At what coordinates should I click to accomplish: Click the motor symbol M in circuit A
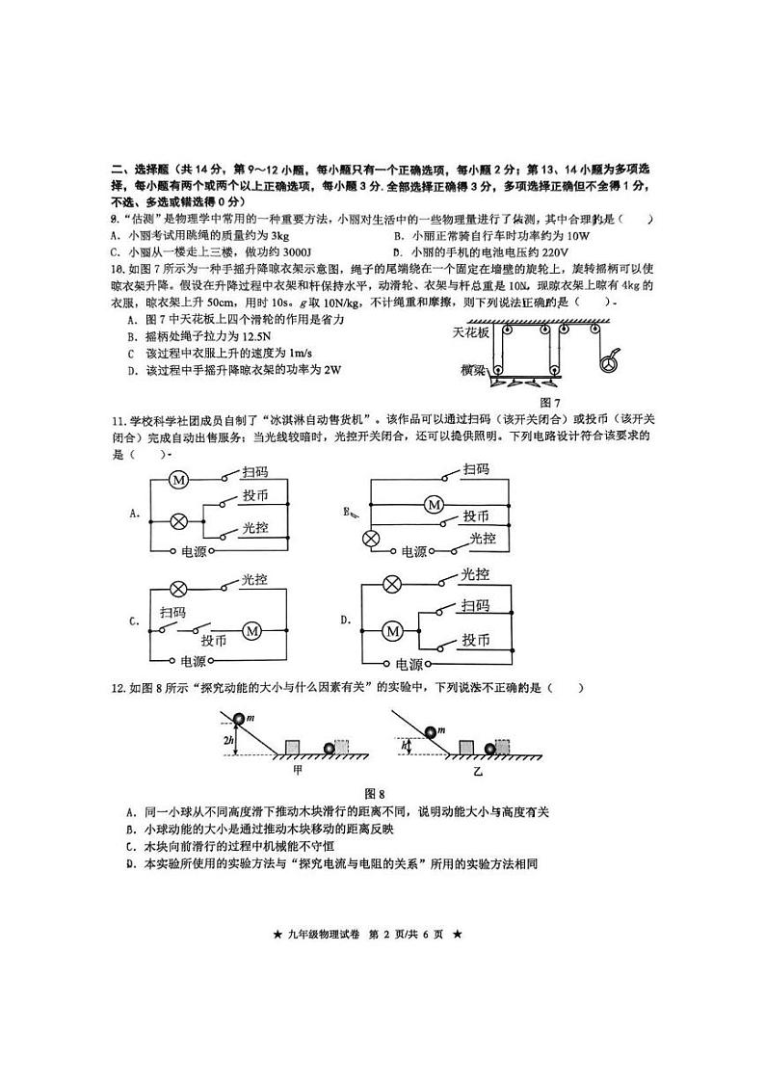coord(178,478)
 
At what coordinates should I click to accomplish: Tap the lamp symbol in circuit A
coord(178,520)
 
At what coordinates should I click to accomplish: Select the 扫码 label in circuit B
coord(476,469)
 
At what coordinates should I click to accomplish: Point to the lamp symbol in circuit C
coord(178,589)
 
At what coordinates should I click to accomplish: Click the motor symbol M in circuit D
coord(392,631)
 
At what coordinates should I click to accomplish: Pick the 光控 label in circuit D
coord(475,574)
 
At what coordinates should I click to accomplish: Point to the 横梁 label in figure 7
coord(473,369)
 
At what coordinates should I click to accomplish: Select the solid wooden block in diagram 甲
coord(293,747)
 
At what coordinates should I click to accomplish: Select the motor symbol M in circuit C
coord(252,630)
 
